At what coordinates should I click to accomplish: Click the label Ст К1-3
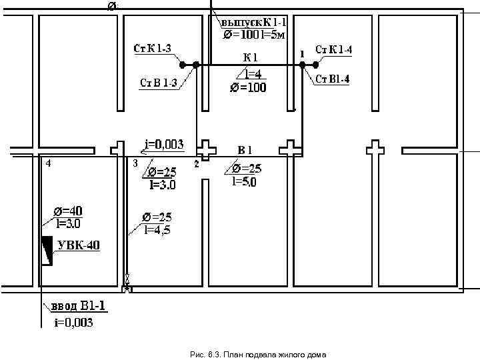point(152,49)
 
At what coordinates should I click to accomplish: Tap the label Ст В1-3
point(159,83)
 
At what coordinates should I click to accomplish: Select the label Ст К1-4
point(334,49)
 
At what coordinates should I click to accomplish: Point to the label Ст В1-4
point(332,79)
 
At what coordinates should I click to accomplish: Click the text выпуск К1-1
point(253,23)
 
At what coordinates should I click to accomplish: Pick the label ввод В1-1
point(79,306)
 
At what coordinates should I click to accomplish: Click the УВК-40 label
point(79,245)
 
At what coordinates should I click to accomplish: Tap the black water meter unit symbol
point(47,251)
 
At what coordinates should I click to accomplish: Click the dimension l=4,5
point(157,229)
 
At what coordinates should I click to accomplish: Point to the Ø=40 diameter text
point(68,211)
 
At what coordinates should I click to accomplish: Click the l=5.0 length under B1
point(244,182)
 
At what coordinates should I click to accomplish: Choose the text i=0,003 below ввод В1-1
point(74,323)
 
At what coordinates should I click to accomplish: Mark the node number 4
point(48,163)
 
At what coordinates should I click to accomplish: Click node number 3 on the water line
point(135,163)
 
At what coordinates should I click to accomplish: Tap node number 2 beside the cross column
point(197,164)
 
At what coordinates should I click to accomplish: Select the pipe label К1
point(251,57)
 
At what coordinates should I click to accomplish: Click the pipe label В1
point(245,150)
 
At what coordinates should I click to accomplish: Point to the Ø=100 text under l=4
point(248,87)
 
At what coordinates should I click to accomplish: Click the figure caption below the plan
point(258,355)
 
